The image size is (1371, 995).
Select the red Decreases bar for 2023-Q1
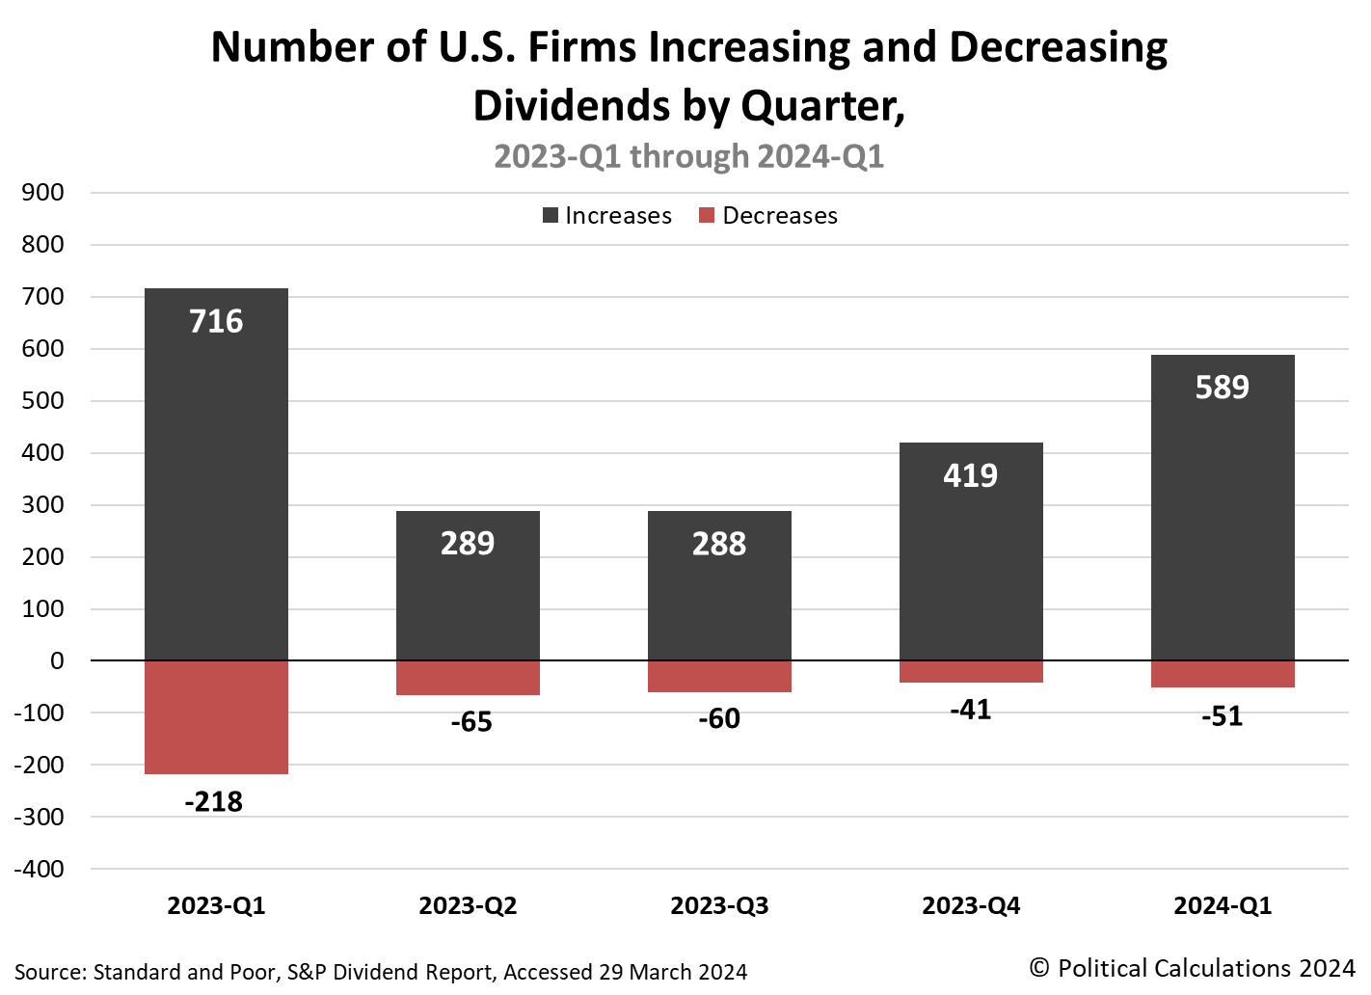(216, 717)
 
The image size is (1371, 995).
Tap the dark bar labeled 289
(468, 598)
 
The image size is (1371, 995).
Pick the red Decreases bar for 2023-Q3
(719, 676)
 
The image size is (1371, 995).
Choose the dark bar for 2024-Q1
(1223, 521)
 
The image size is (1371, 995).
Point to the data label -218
(214, 801)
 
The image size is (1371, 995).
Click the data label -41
(970, 710)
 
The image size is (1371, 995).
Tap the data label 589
(1222, 387)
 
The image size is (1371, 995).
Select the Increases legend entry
(607, 216)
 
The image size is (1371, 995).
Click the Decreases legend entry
(768, 216)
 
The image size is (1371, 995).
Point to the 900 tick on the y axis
(42, 192)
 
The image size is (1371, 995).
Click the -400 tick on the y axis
(40, 869)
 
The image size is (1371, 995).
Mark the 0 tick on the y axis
(57, 660)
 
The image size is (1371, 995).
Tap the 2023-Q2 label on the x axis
(468, 906)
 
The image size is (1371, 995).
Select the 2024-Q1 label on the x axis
(1223, 906)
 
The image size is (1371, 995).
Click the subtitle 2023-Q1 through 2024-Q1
(688, 156)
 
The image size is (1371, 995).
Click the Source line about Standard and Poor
(381, 972)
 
